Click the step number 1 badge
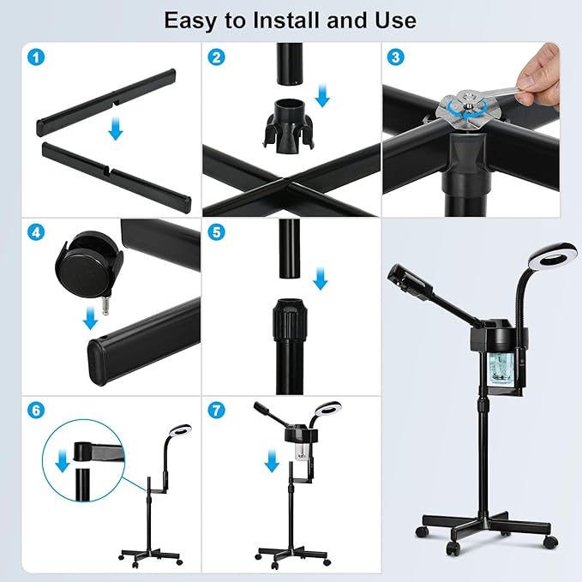pos(36,57)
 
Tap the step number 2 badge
pos(216,57)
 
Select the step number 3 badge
pos(396,57)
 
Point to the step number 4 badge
pos(36,233)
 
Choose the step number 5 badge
pos(216,233)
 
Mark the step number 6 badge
pos(36,411)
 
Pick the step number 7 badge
pos(216,411)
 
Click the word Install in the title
pos(288,20)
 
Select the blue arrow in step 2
pos(322,96)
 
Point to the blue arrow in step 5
pos(321,279)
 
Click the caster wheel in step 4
pos(89,266)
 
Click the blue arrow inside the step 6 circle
pos(63,460)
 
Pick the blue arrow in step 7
pos(272,460)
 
